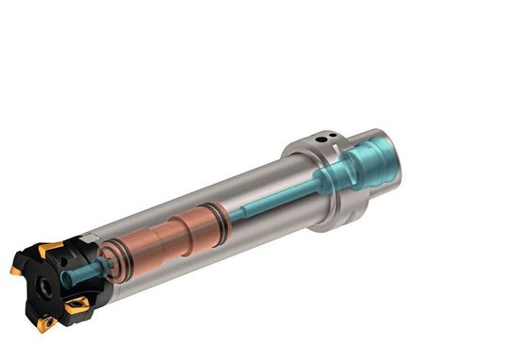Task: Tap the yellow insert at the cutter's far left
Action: pyautogui.click(x=16, y=270)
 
